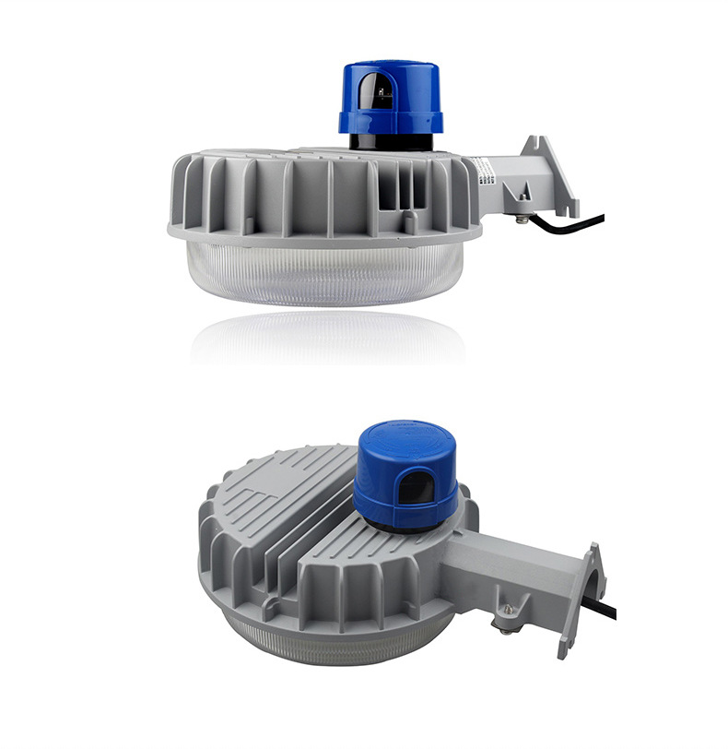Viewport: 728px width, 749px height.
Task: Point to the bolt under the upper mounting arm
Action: [x=523, y=219]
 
